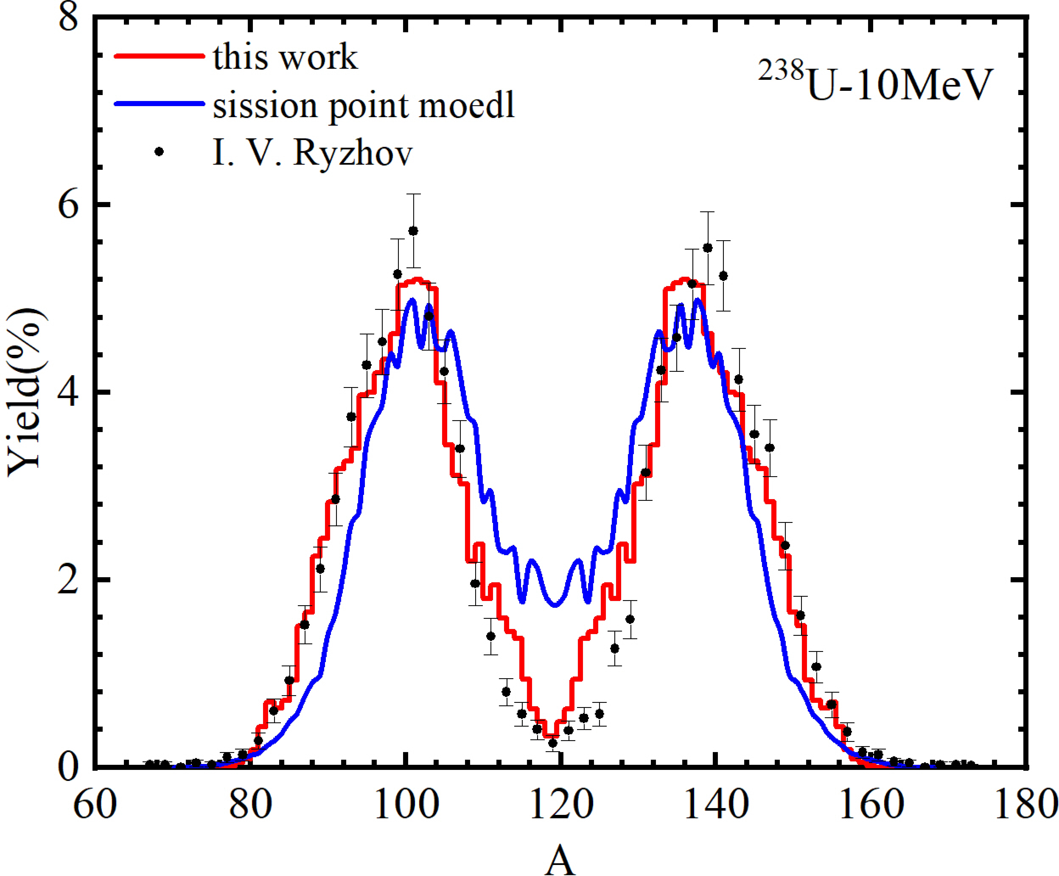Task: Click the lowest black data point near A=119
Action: click(553, 743)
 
